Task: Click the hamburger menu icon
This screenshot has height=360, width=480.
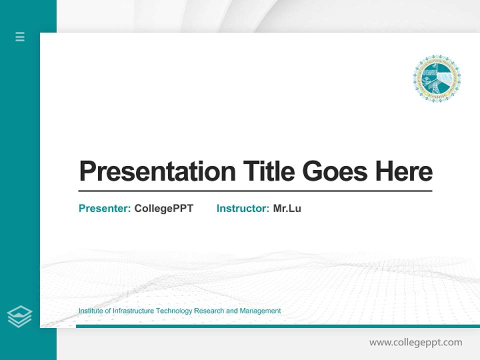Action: [20, 36]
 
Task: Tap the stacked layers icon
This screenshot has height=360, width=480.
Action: [19, 316]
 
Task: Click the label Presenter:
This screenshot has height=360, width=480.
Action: [105, 208]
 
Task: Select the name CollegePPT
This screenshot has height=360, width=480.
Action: [163, 208]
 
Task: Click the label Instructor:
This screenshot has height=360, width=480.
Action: [243, 208]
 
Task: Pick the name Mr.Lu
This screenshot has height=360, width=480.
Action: [287, 208]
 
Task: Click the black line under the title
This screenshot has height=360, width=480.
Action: [255, 191]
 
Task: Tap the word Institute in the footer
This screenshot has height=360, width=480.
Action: [90, 311]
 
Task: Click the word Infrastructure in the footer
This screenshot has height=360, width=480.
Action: [133, 311]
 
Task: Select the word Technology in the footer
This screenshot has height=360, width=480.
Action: [174, 311]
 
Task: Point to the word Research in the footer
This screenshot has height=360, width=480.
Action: [209, 311]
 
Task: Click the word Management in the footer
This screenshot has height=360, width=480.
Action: [260, 311]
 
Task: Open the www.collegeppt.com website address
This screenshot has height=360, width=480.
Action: [415, 342]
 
